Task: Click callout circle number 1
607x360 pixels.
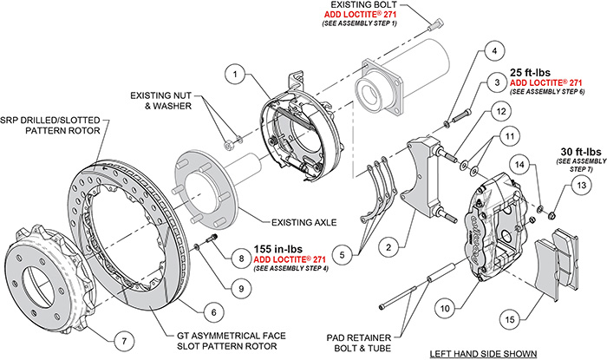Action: [233, 75]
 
